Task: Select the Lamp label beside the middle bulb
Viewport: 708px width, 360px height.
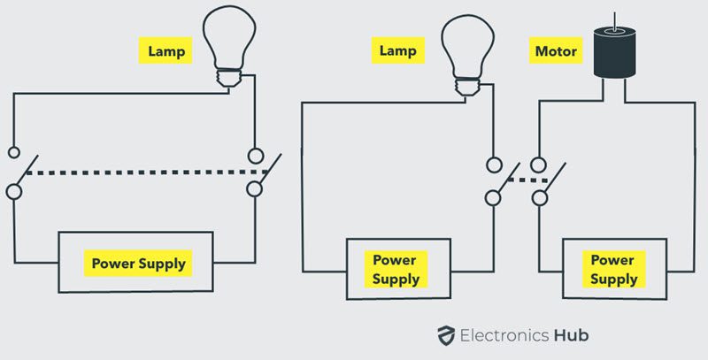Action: click(398, 51)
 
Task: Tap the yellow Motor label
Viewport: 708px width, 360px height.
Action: click(556, 51)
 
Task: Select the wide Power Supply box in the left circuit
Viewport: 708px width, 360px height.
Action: click(136, 263)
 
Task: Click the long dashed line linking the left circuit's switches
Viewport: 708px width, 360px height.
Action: click(137, 172)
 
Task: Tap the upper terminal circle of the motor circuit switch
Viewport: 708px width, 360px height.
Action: click(538, 164)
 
